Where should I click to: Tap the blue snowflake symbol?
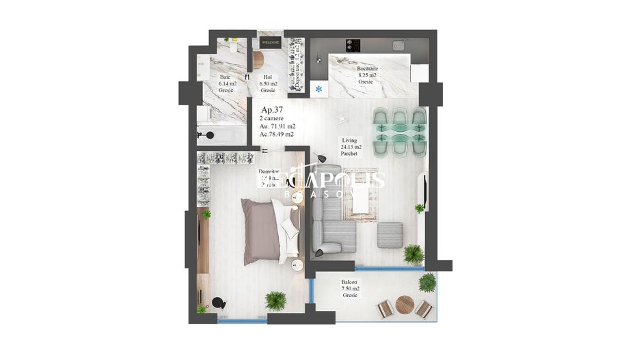coord(318,89)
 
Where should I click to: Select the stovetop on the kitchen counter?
coord(353,44)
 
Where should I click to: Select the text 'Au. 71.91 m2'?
coord(276,126)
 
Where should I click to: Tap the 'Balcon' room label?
coord(350,281)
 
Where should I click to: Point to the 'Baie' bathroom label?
coord(225,77)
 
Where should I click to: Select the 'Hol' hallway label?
coord(267,77)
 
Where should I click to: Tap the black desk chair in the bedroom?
coord(218,303)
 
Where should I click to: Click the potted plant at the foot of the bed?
coord(275,299)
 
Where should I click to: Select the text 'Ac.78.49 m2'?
coord(276,135)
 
